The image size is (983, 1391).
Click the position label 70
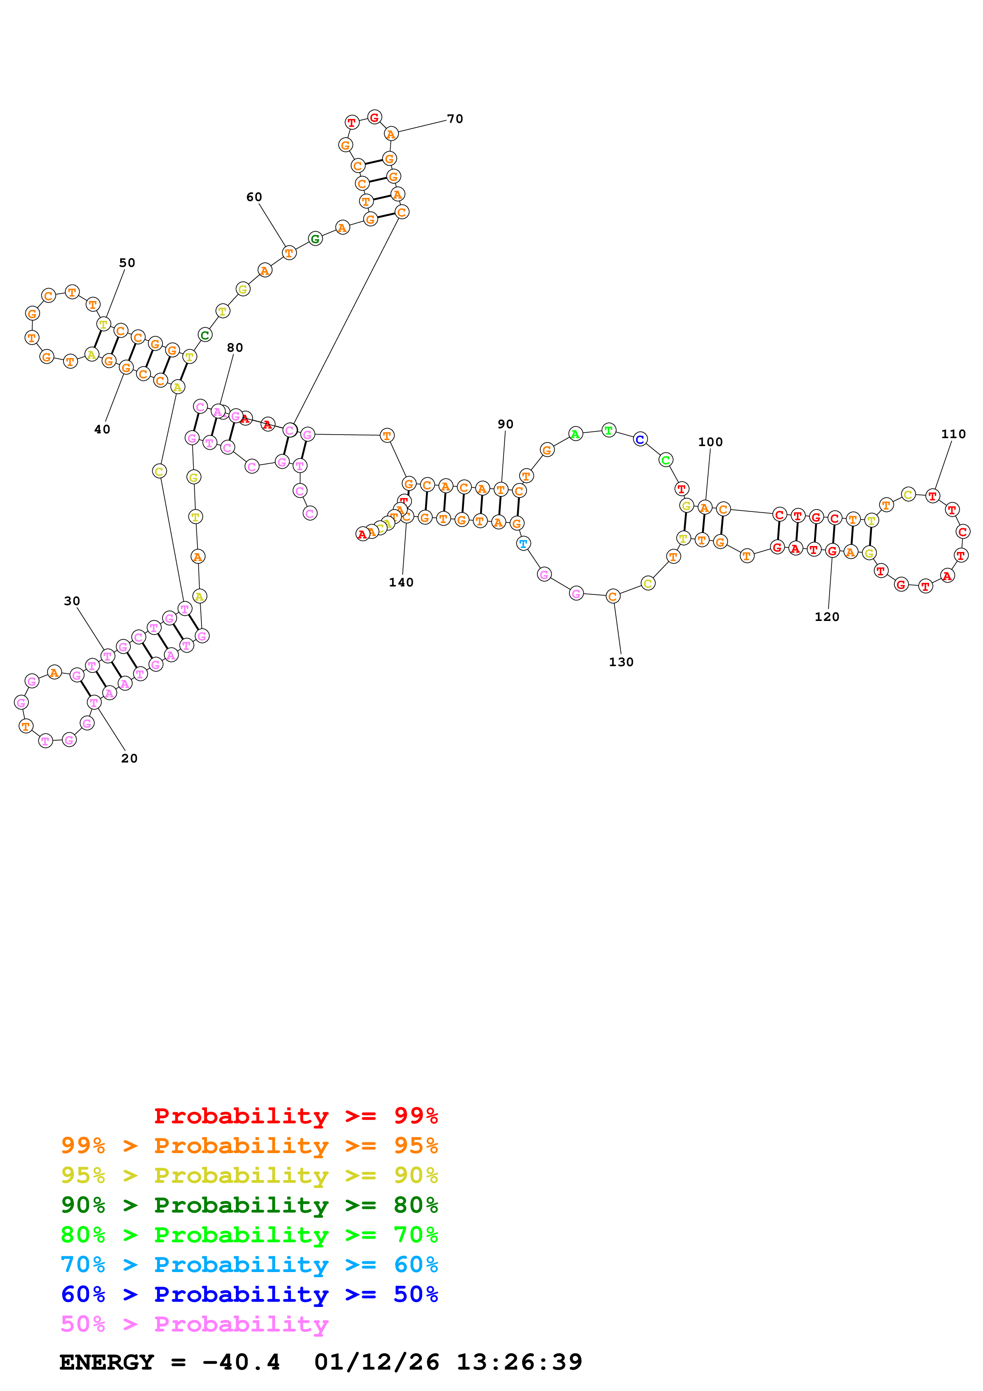tap(455, 119)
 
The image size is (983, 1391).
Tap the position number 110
tap(953, 434)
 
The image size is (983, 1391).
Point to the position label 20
tap(129, 758)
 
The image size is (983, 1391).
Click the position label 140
tap(401, 582)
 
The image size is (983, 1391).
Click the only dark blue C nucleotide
tap(640, 439)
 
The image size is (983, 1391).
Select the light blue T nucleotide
tap(523, 544)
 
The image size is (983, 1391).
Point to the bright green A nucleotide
tap(575, 434)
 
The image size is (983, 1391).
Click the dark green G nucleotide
tap(315, 239)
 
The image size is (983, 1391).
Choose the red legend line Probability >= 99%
tap(295, 1115)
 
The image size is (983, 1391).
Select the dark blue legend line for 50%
tap(249, 1294)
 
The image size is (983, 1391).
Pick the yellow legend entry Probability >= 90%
tap(249, 1175)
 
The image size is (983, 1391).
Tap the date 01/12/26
tap(376, 1362)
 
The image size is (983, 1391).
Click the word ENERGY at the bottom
tap(107, 1362)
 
